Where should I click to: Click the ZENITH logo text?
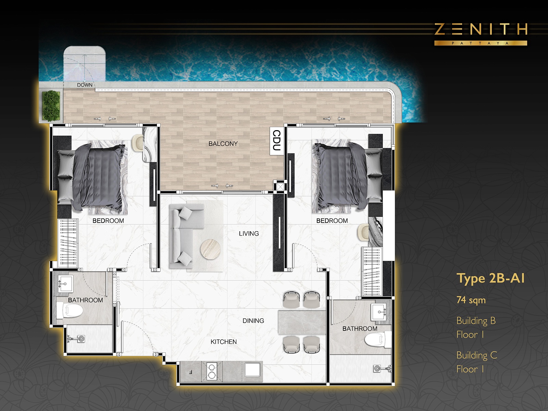click(481, 29)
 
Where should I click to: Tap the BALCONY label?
click(223, 144)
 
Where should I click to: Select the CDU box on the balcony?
click(277, 141)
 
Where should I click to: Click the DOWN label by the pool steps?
click(85, 85)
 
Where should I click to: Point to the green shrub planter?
click(51, 106)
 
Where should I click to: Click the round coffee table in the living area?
click(210, 250)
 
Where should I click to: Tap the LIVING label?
click(249, 234)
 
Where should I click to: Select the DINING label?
click(253, 321)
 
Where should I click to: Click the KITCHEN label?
click(223, 341)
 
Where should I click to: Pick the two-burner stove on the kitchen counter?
click(211, 371)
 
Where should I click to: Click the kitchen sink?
click(252, 370)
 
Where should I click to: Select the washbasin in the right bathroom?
click(379, 312)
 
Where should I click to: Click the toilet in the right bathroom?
click(378, 339)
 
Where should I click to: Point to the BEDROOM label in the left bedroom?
click(108, 221)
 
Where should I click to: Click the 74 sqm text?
click(471, 300)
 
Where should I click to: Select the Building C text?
click(477, 355)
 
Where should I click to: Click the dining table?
click(302, 322)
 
